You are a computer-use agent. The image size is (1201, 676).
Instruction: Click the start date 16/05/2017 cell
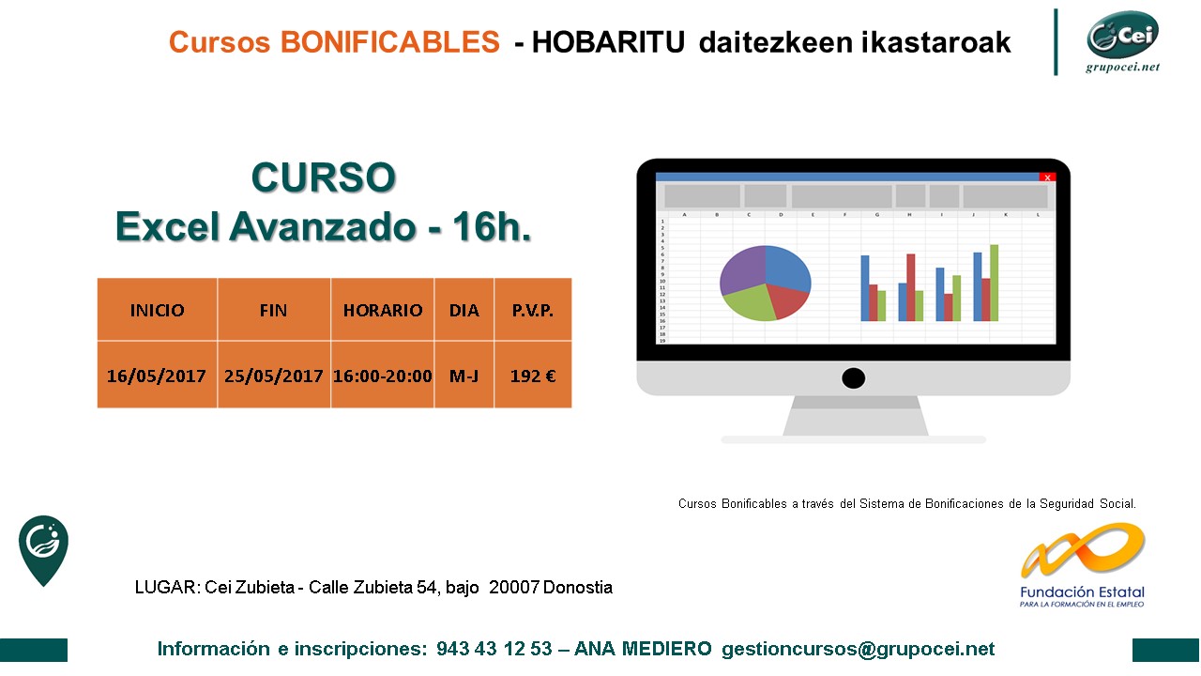[x=157, y=375]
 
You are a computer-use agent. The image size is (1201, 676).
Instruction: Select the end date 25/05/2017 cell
[x=273, y=375]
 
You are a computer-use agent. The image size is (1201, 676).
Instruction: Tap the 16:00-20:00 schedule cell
[x=382, y=375]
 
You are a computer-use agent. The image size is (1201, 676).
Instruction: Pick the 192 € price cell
[x=533, y=375]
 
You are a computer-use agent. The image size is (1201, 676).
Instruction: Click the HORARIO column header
[x=382, y=310]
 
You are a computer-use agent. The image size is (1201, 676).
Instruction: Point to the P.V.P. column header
[x=533, y=310]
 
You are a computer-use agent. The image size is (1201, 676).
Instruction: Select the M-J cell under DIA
[x=464, y=375]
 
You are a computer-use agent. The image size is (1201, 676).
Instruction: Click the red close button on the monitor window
[x=1047, y=177]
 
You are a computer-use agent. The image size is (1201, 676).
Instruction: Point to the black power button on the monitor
[x=853, y=378]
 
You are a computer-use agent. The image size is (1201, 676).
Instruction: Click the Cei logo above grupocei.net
[x=1122, y=35]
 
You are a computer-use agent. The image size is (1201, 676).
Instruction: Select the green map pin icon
[x=43, y=550]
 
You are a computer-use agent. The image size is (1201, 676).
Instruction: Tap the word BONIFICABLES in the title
[x=389, y=42]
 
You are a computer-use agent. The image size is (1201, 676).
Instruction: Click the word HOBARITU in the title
[x=608, y=42]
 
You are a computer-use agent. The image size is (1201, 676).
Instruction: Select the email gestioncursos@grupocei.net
[x=858, y=649]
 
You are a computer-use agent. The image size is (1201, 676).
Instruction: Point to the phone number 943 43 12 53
[x=494, y=649]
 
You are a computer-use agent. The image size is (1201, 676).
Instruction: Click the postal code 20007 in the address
[x=513, y=587]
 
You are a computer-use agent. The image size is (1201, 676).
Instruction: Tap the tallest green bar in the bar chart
[x=994, y=283]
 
